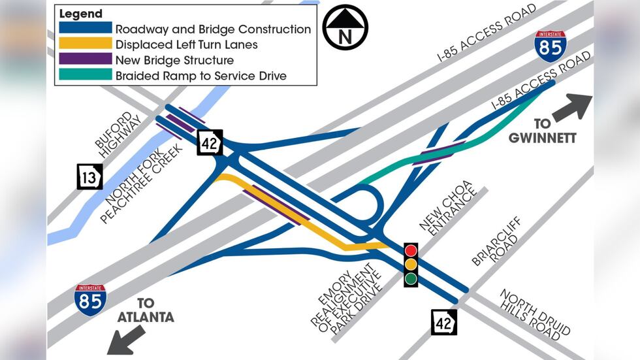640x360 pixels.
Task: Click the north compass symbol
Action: [345, 27]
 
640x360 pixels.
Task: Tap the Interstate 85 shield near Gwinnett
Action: [551, 46]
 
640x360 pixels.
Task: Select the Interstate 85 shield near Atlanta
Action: [90, 300]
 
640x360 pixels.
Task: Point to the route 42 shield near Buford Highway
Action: [210, 142]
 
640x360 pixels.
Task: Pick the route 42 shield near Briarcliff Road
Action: [443, 321]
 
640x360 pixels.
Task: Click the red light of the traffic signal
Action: [411, 250]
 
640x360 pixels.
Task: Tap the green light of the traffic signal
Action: [411, 279]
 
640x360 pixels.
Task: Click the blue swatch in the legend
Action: [85, 29]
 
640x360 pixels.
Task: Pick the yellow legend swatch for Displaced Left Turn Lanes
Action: [85, 44]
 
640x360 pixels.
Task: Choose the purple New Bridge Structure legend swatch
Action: [85, 59]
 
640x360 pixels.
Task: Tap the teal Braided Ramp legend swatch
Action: [85, 75]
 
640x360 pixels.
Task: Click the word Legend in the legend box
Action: [81, 14]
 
